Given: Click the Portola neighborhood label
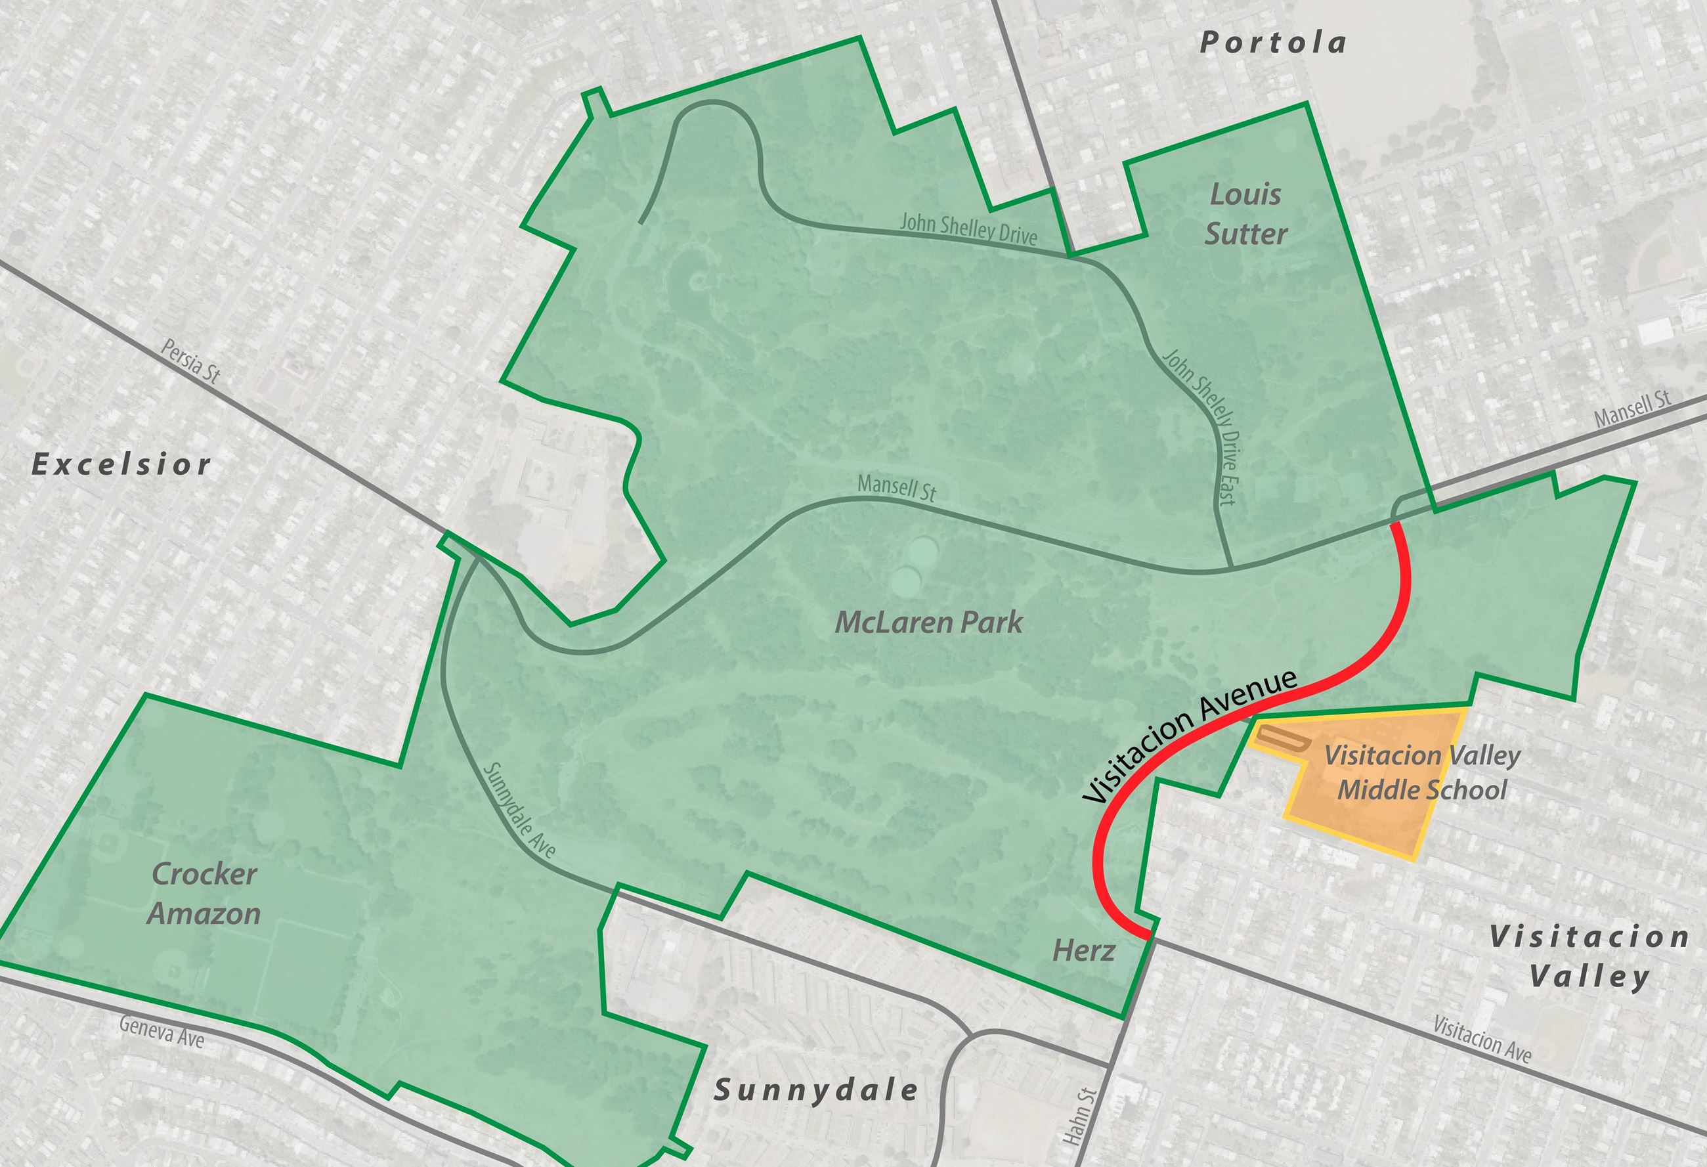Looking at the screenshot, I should [1273, 43].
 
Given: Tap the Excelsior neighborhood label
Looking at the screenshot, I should [122, 464].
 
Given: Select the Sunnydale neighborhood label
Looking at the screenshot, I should [817, 1090].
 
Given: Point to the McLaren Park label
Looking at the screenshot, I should [928, 623].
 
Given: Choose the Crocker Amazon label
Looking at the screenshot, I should [204, 894].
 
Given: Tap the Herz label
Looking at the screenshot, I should [1083, 951].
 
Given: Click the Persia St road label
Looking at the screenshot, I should [191, 361].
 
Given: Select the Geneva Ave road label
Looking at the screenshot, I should [162, 1030].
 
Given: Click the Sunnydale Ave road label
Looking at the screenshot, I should [519, 810].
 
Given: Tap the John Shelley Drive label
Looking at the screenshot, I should [968, 229].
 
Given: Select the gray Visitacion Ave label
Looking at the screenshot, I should [1482, 1040].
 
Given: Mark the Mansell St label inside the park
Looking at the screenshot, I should [896, 487].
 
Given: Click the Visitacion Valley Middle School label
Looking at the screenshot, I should [1421, 772].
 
